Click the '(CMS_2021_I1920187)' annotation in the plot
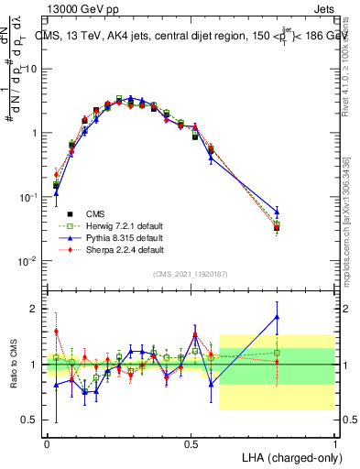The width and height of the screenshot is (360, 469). (x=191, y=273)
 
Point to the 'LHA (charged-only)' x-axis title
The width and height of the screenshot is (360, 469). (x=290, y=456)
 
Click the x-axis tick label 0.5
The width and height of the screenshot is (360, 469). (x=191, y=442)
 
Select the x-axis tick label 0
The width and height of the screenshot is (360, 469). (x=47, y=442)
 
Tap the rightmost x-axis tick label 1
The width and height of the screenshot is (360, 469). (x=334, y=442)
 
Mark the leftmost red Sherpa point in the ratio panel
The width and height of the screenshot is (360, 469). (x=56, y=332)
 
